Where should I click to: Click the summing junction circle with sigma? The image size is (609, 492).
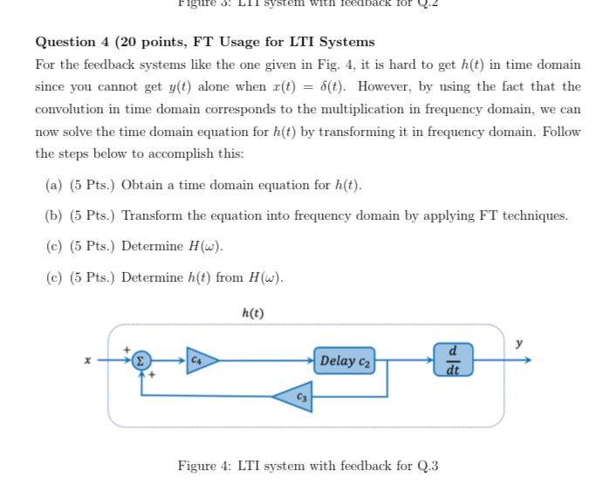pos(140,360)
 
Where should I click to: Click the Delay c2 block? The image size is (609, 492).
pos(345,360)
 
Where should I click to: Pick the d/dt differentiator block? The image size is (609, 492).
pos(453,359)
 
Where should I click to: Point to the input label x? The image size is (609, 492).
pos(86,359)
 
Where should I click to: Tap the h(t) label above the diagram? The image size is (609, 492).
pos(252,313)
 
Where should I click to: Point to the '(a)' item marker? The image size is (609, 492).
pos(53,185)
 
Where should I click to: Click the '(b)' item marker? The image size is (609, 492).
pos(53,215)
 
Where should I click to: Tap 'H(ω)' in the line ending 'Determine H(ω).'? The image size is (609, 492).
pos(205,246)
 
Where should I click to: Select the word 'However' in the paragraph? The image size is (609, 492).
pos(385,86)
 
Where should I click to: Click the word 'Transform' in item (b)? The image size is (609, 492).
pos(154,215)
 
